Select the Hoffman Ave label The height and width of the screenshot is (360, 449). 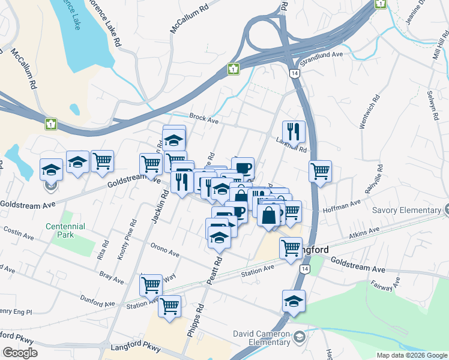[342, 206]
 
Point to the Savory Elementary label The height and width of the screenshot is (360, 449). [406, 211]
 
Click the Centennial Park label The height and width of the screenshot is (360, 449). [65, 230]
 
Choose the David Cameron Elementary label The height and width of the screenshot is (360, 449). [262, 338]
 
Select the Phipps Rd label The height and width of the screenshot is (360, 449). [196, 323]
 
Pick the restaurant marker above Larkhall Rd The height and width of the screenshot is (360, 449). [294, 131]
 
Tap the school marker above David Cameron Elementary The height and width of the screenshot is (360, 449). [294, 302]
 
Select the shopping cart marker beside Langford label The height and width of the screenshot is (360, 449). [291, 247]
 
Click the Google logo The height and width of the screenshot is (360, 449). [20, 353]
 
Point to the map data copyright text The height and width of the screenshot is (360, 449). [411, 355]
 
